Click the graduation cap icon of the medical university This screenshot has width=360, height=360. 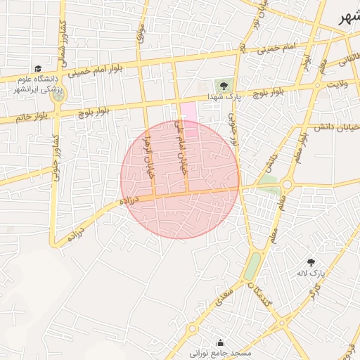coord(37,68)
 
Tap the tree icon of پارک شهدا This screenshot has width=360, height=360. coord(225,85)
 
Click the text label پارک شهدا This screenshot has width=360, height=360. coord(225,97)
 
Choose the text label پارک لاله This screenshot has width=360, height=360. coord(318,273)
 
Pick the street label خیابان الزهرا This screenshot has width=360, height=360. coord(148,155)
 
